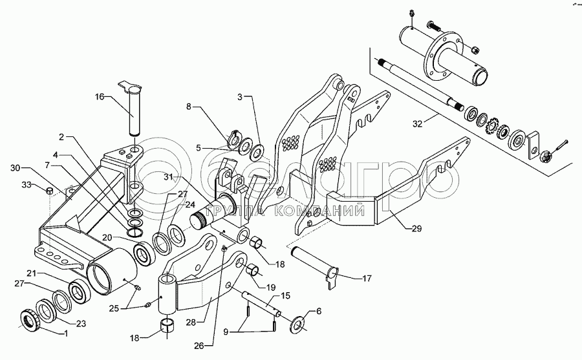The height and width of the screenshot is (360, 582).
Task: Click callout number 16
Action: (x=100, y=96)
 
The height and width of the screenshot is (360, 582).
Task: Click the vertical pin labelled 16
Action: (x=135, y=110)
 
